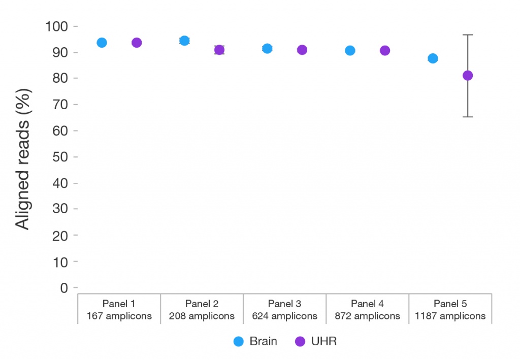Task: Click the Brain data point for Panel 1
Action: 102,43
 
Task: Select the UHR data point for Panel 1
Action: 137,43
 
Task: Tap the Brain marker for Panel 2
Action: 184,41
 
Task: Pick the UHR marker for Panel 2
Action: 219,50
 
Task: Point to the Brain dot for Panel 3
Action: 267,49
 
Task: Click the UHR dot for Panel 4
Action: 385,51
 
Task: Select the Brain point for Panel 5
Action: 433,59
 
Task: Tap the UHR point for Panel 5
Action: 468,76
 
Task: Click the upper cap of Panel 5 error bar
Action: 468,35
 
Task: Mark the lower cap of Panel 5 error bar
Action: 468,117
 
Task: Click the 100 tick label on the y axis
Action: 56,26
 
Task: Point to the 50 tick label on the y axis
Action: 60,157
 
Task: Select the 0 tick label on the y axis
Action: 64,288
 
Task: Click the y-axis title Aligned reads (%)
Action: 23,159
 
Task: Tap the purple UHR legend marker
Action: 300,341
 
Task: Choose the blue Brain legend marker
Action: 239,341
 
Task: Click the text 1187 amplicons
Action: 450,316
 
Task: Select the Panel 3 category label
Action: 284,304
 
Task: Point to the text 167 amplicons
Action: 119,316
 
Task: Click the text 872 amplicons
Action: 368,316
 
